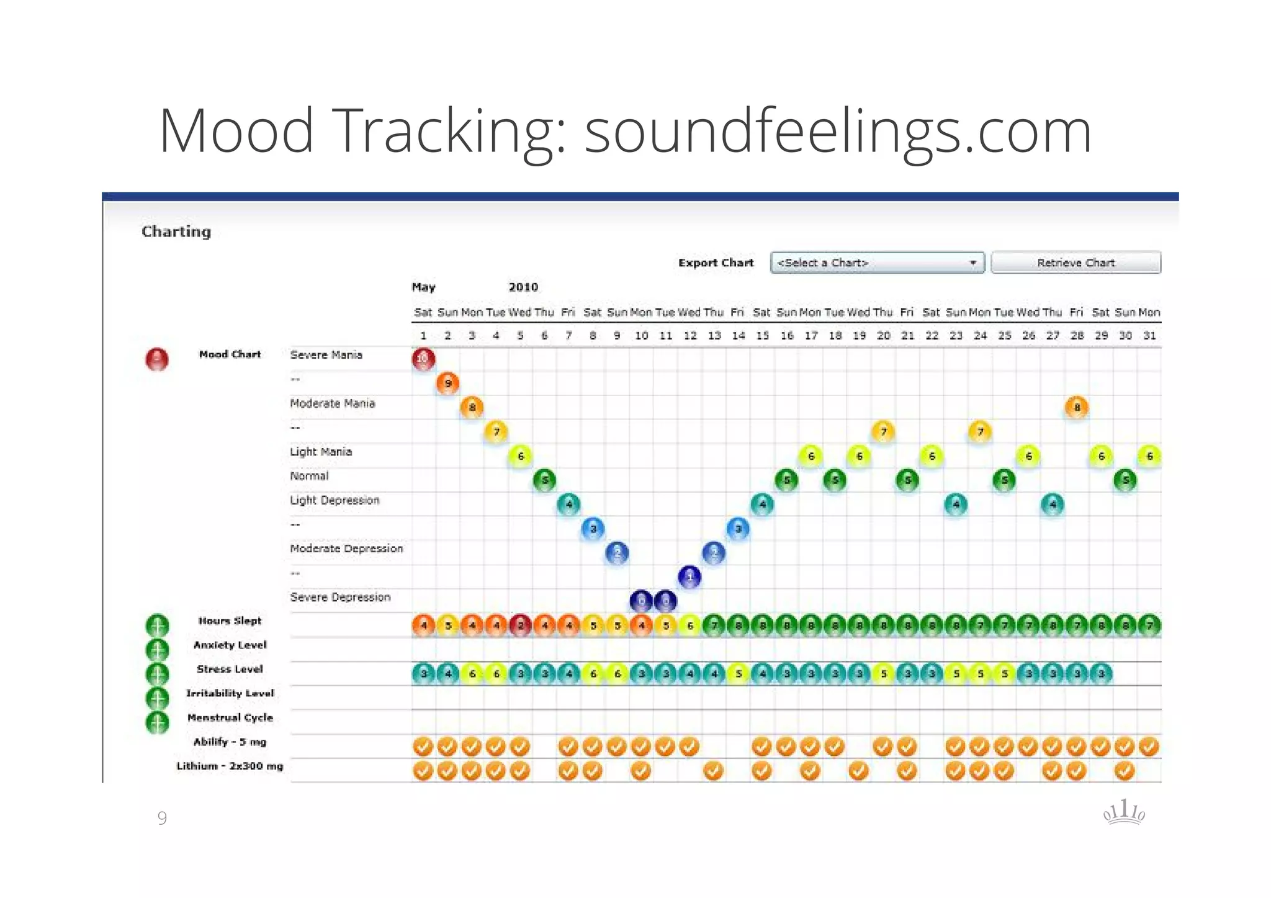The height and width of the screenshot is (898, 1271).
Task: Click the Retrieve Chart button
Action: [x=1076, y=263]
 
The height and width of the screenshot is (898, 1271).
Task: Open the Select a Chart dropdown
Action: [x=877, y=263]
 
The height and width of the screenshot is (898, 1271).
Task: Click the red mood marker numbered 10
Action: [x=423, y=359]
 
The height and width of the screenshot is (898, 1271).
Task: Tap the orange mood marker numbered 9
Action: [x=447, y=384]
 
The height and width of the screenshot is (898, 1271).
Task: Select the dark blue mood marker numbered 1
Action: [x=689, y=577]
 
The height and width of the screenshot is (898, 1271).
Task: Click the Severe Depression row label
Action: [x=340, y=597]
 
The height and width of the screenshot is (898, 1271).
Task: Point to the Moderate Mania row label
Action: [x=332, y=403]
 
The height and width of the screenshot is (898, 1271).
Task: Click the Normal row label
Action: [x=309, y=476]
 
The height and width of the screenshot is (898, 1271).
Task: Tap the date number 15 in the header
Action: [x=762, y=336]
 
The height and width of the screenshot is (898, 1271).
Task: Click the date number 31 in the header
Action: [x=1149, y=336]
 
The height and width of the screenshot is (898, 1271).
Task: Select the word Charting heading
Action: [x=176, y=231]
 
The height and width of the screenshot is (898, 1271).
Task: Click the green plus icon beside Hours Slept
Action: [x=157, y=626]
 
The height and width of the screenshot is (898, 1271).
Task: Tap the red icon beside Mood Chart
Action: [x=157, y=359]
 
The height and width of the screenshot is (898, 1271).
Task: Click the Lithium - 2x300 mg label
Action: [x=230, y=766]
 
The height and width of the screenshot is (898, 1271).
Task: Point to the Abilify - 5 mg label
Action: [x=230, y=742]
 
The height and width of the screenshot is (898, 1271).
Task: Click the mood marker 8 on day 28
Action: [x=1077, y=408]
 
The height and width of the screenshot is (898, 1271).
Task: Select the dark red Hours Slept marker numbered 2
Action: [x=520, y=626]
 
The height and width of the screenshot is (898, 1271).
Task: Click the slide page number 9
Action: [x=162, y=818]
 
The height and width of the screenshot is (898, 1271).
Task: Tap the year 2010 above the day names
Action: [x=523, y=287]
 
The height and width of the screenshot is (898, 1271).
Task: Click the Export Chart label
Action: [x=716, y=263]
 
